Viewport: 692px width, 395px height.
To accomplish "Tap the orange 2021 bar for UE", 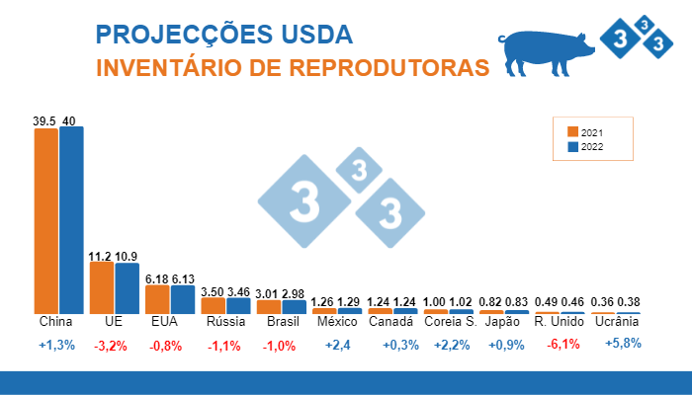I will pyautogui.click(x=102, y=287).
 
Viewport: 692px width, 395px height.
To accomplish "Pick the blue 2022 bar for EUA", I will pyautogui.click(x=182, y=299).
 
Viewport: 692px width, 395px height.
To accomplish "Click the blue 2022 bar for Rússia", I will pyautogui.click(x=237, y=305).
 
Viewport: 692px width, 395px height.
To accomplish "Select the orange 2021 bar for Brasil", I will pyautogui.click(x=268, y=306).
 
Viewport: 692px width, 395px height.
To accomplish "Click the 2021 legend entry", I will pyautogui.click(x=585, y=132).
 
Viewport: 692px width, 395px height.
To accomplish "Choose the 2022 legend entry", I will pyautogui.click(x=585, y=147).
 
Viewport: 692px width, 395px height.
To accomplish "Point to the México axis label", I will pyautogui.click(x=336, y=322).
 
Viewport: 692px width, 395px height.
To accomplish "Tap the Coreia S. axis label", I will pyautogui.click(x=450, y=322).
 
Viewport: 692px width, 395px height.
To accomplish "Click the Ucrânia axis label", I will pyautogui.click(x=615, y=322).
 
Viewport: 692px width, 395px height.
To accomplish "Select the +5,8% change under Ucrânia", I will pyautogui.click(x=623, y=344).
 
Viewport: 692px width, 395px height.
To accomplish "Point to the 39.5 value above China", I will pyautogui.click(x=44, y=120).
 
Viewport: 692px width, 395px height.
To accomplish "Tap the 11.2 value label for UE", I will pyautogui.click(x=100, y=256).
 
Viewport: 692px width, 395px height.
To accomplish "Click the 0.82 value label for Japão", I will pyautogui.click(x=491, y=301).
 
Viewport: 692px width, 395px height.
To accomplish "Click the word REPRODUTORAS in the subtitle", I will pyautogui.click(x=399, y=68).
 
